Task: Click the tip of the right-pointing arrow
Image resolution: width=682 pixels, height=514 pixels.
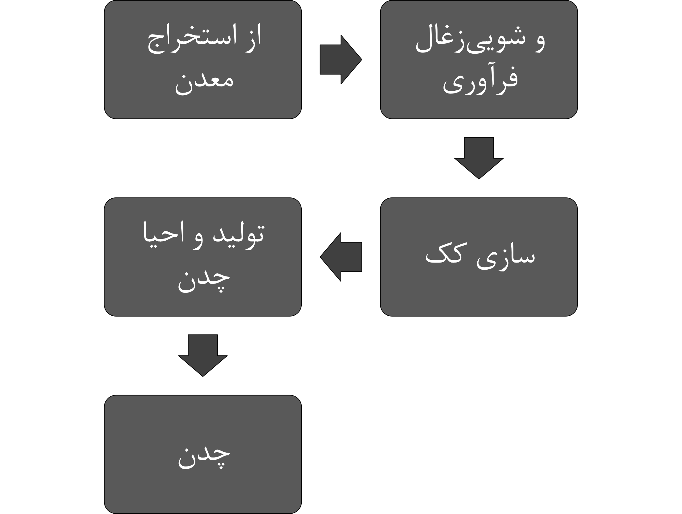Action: click(362, 60)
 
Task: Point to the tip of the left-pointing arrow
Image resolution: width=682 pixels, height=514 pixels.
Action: click(320, 257)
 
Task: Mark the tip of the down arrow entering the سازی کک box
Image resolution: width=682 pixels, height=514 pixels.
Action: click(479, 179)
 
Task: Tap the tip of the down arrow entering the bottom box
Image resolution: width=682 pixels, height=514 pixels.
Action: click(203, 377)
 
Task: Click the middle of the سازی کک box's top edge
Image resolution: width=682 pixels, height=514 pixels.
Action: click(479, 198)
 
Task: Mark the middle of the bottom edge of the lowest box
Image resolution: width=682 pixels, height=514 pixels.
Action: click(203, 513)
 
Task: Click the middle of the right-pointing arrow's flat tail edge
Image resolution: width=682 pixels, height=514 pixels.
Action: click(320, 60)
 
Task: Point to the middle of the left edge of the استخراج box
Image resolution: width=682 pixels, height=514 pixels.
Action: click(104, 60)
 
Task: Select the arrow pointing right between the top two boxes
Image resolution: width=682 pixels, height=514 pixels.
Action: click(341, 60)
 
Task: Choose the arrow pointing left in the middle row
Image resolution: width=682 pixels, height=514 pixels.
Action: click(341, 257)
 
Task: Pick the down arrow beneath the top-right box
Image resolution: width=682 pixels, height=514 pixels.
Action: click(479, 158)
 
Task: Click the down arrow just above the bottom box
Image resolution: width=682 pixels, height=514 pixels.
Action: click(203, 356)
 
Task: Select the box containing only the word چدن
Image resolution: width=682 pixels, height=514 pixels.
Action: click(203, 454)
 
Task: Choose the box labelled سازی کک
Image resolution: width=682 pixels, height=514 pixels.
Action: click(479, 257)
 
